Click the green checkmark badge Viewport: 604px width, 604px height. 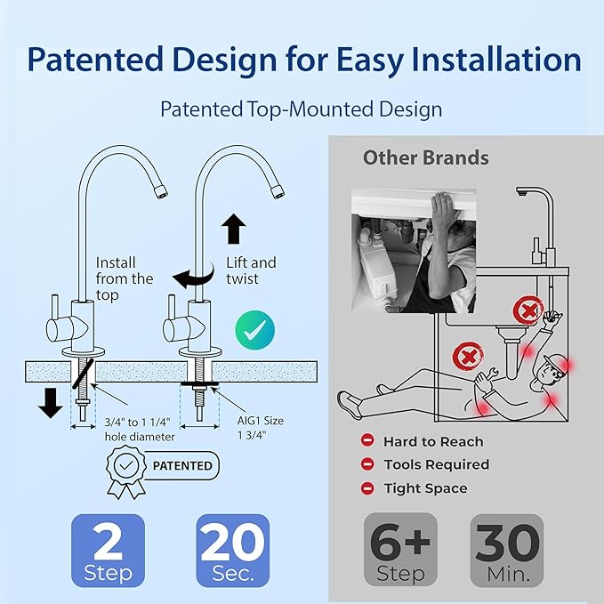coord(255,327)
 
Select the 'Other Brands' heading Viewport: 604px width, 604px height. coord(425,158)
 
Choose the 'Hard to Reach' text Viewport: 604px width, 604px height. coord(432,441)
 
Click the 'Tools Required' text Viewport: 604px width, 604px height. coord(436,464)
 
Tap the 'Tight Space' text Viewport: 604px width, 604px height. coord(425,488)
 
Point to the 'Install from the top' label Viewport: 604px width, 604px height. coord(124,278)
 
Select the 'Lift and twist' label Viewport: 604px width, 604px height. coord(251,270)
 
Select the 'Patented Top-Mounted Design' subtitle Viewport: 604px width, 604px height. coord(301,109)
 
